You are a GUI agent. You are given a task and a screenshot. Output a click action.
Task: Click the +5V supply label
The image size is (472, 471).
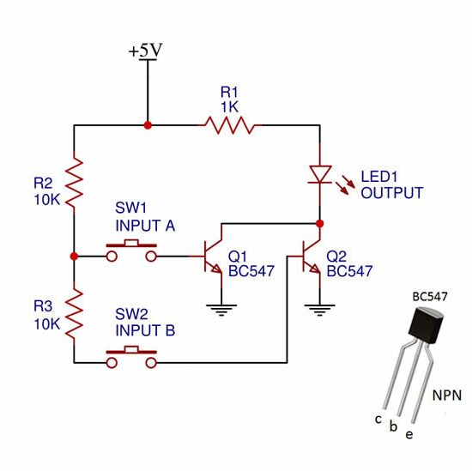coord(145,51)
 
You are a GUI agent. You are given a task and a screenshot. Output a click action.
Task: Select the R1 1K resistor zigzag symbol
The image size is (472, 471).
coord(230,125)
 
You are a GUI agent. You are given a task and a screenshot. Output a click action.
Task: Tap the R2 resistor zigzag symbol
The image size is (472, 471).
coord(74,182)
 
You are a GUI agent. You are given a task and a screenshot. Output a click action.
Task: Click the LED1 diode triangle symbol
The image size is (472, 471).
coord(320,174)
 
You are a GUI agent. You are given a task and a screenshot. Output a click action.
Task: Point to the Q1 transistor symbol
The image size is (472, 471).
coord(212,256)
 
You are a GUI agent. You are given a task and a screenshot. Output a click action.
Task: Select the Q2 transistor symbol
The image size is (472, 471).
coord(311,256)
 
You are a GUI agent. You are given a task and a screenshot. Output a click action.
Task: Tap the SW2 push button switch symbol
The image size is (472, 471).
coord(131,357)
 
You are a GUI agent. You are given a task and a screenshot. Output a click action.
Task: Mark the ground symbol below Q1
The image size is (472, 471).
coord(221,310)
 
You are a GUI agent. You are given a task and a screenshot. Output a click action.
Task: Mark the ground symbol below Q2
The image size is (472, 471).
coord(320,310)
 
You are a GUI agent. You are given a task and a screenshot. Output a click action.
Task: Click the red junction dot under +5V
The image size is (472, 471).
coord(148,125)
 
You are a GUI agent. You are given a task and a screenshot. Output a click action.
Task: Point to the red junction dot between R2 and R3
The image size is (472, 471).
coord(74,257)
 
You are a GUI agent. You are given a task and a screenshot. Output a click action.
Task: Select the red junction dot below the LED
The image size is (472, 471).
coord(320,224)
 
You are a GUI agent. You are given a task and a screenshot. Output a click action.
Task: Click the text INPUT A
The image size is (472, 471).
coord(145,226)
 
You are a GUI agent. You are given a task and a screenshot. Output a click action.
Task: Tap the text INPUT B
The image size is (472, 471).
coord(145,330)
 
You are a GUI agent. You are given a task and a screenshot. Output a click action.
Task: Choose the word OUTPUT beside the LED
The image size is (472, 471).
coord(392,193)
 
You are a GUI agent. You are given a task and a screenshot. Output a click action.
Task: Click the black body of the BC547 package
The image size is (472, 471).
coord(426,325)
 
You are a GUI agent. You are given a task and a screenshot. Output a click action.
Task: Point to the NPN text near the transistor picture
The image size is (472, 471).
coord(447,396)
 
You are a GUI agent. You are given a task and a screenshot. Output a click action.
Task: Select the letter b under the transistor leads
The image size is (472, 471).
coord(393,426)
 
